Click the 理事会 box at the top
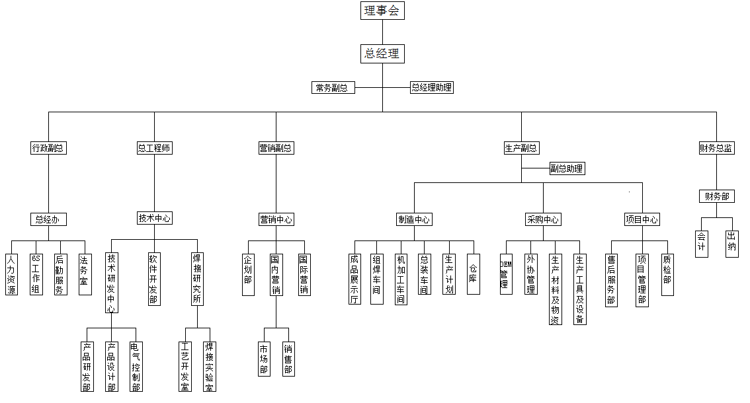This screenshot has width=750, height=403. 383,11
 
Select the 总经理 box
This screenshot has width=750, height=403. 382,54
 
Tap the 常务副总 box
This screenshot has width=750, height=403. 332,88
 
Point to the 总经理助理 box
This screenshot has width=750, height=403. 432,88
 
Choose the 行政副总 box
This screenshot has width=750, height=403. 48,149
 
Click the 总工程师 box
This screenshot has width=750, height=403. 154,149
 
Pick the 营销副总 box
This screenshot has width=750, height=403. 276,149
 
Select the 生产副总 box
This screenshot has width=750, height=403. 521,149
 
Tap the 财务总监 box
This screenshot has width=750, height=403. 716,149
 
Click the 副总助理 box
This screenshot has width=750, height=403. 567,168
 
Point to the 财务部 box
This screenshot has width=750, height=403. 716,196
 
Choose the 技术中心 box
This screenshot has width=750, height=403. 154,218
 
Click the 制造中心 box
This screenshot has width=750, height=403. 415,219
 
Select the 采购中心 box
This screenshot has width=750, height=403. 543,219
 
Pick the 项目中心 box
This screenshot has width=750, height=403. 642,219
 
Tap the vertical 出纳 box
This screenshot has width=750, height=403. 732,244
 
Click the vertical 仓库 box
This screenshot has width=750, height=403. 474,274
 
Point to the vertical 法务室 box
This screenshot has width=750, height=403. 85,274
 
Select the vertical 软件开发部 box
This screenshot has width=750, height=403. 154,279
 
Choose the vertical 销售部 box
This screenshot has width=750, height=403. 288,359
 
